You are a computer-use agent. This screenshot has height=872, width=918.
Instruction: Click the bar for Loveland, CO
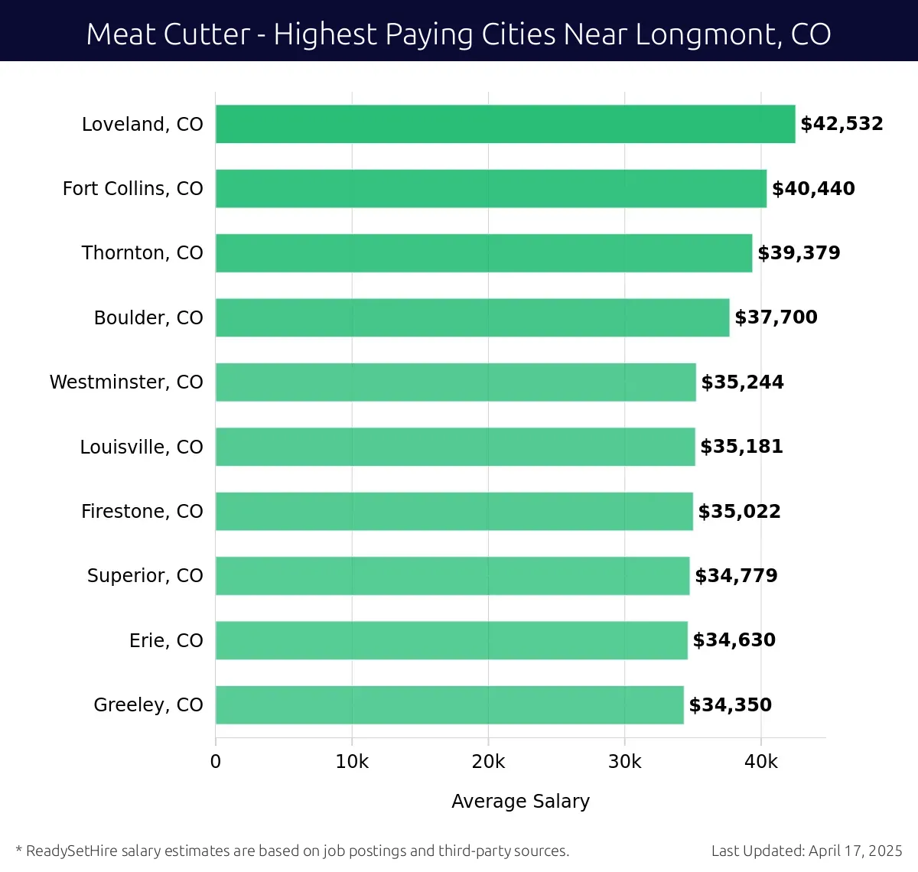[x=505, y=124]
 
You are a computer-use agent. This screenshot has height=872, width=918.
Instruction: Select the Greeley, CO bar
[x=450, y=704]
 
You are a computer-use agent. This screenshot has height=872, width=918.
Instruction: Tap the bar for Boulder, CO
[x=472, y=317]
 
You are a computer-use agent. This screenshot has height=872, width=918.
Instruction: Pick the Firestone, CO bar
[x=454, y=511]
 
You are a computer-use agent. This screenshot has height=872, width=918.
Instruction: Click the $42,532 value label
[x=841, y=124]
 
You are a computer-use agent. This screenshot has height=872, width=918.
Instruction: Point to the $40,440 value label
[x=813, y=189]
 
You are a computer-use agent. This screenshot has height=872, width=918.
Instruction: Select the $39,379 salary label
[x=799, y=253]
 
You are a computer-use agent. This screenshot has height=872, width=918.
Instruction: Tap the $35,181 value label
[x=741, y=447]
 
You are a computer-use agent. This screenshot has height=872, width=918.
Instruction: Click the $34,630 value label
[x=734, y=640]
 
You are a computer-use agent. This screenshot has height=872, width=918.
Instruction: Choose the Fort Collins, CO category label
[x=132, y=189]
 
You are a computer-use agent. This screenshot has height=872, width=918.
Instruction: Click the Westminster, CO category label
[x=126, y=382]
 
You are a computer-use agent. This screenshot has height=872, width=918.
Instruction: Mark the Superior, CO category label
[x=145, y=576]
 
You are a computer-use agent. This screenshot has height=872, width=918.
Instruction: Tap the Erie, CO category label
[x=166, y=640]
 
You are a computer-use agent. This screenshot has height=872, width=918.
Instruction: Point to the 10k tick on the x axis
[x=352, y=762]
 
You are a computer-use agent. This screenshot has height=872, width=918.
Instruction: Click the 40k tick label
[x=761, y=762]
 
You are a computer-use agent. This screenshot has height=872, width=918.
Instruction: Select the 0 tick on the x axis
[x=216, y=762]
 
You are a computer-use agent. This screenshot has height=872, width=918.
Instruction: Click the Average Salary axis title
[x=520, y=801]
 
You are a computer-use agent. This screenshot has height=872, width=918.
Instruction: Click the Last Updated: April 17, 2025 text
[x=806, y=851]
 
